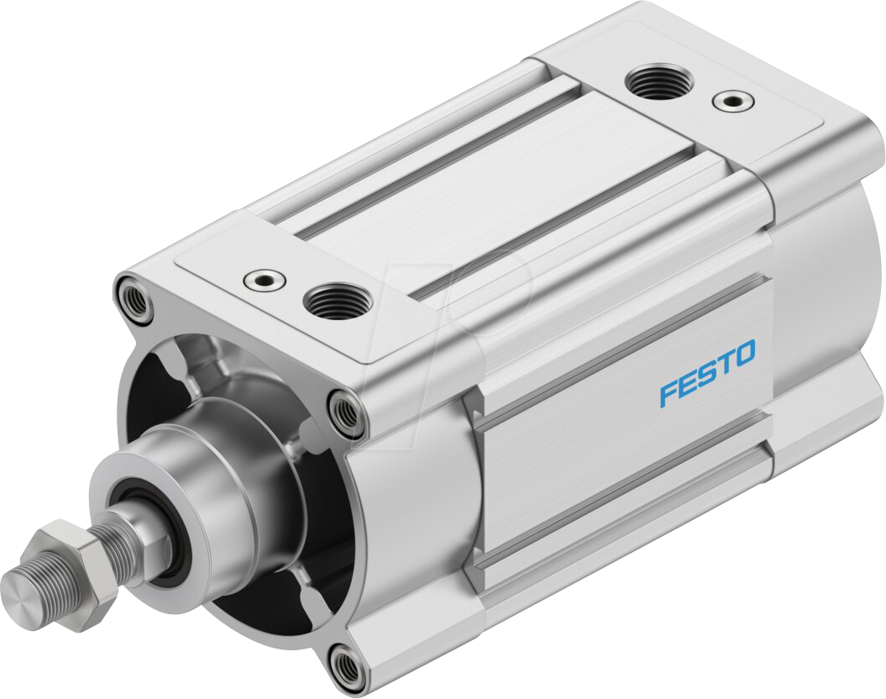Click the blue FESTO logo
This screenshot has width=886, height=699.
706,372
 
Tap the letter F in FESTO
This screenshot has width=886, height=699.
668,392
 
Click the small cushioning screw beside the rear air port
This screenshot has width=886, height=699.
727,102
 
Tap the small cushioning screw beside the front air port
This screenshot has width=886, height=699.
260,279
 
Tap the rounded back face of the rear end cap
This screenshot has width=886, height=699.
831,277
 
